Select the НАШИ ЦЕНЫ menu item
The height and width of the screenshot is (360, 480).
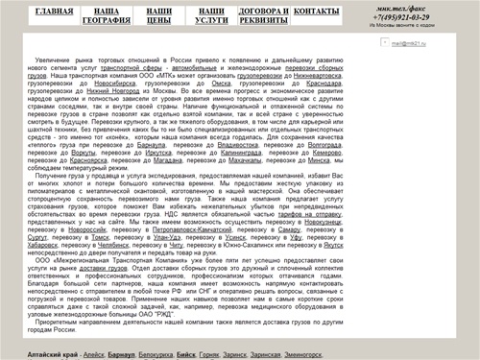159,14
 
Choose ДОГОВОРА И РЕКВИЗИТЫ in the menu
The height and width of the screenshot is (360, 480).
262,14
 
